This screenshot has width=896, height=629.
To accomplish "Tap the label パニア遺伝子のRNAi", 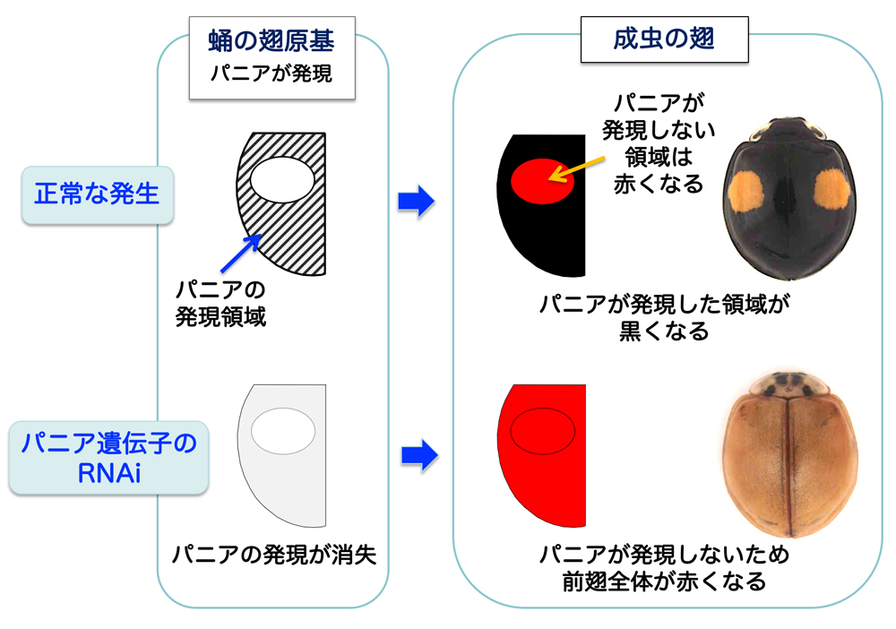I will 109,458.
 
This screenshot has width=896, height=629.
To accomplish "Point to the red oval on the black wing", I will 542,178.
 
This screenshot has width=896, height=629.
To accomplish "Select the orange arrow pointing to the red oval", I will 582,162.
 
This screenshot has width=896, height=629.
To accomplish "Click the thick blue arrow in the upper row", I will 415,202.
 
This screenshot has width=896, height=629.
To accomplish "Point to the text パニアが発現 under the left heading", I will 271,73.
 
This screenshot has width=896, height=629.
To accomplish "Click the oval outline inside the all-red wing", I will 542,431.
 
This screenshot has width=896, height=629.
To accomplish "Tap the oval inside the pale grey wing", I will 282,431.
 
